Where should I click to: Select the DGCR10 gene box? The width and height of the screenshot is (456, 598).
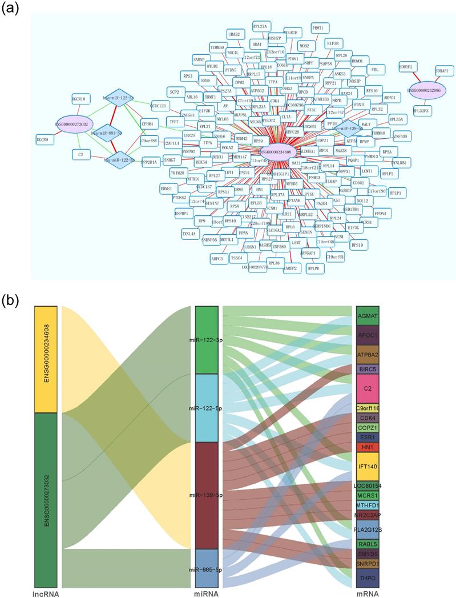78,99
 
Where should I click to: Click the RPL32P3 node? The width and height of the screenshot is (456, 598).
422,110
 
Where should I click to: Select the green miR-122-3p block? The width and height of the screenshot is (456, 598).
206,340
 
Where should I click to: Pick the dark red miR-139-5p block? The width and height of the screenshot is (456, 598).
206,495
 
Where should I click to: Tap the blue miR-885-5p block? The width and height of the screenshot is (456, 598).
206,568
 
